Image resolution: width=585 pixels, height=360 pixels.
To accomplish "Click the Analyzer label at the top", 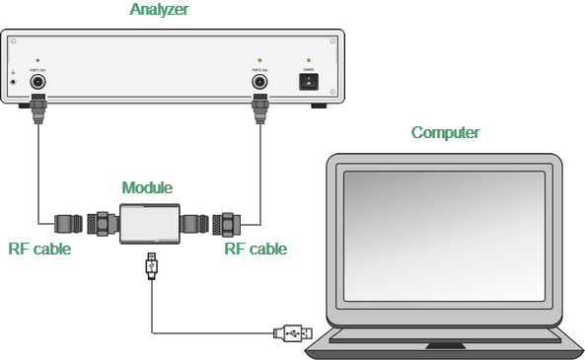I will [x=159, y=10].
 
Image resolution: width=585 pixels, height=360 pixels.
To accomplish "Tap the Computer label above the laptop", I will [x=445, y=133].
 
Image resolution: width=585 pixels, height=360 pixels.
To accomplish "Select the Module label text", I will [x=147, y=187].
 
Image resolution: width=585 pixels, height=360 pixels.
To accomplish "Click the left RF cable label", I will [x=39, y=250].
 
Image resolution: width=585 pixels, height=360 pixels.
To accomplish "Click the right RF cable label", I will [x=256, y=250].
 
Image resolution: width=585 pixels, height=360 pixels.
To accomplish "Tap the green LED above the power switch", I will [x=310, y=61].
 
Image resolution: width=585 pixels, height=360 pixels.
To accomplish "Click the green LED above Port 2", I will [x=260, y=61].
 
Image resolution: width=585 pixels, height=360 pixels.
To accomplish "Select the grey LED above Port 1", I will [x=38, y=61].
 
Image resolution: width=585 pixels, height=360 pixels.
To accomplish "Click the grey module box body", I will [x=150, y=224].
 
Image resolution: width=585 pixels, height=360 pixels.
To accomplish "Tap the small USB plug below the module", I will [x=151, y=264].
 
